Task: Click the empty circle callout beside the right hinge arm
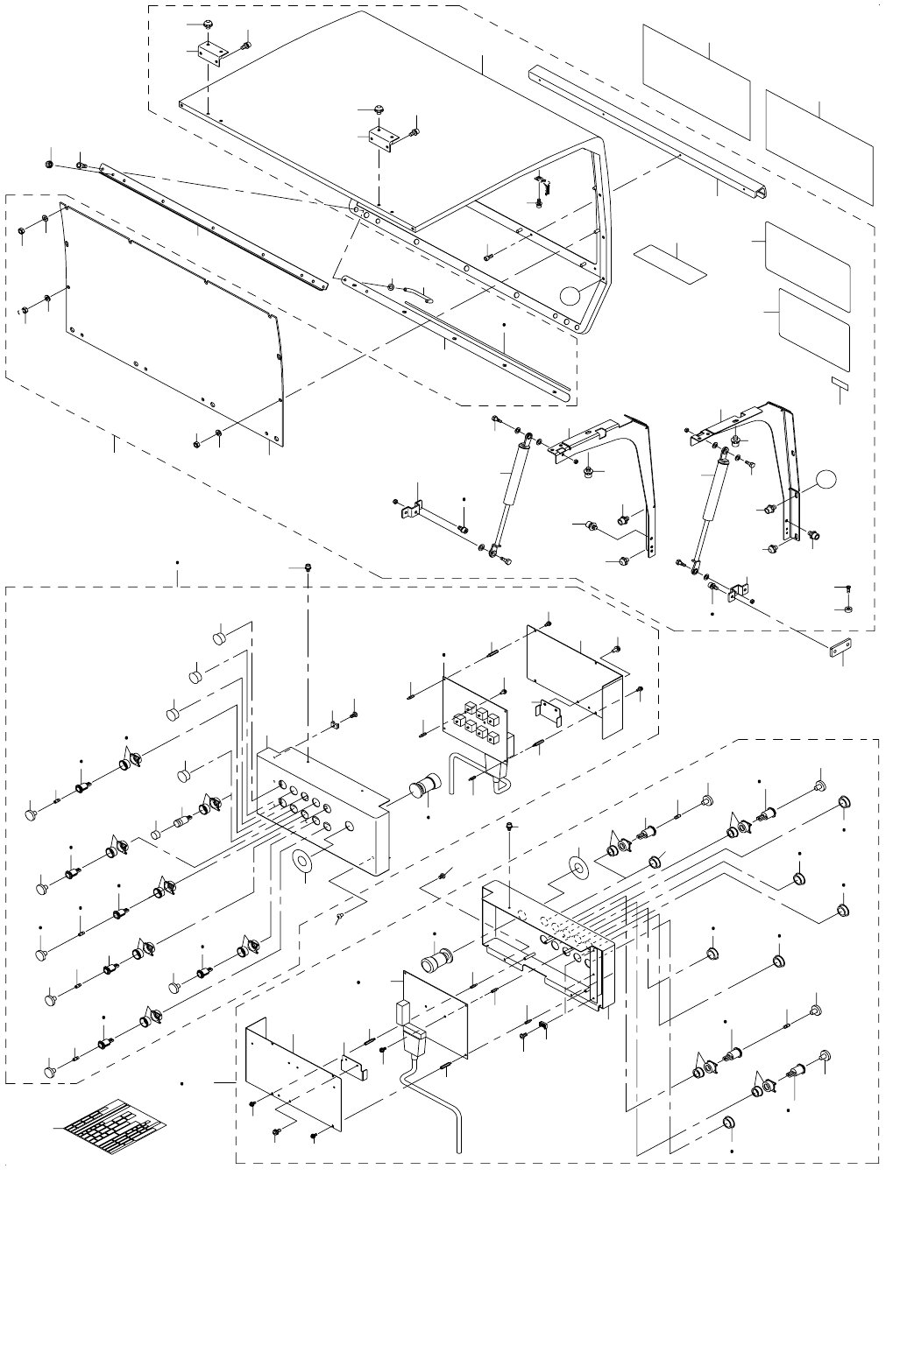click(x=825, y=479)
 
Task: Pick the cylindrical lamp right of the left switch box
click(x=426, y=786)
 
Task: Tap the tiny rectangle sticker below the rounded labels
click(x=839, y=383)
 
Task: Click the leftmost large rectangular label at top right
click(x=697, y=81)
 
